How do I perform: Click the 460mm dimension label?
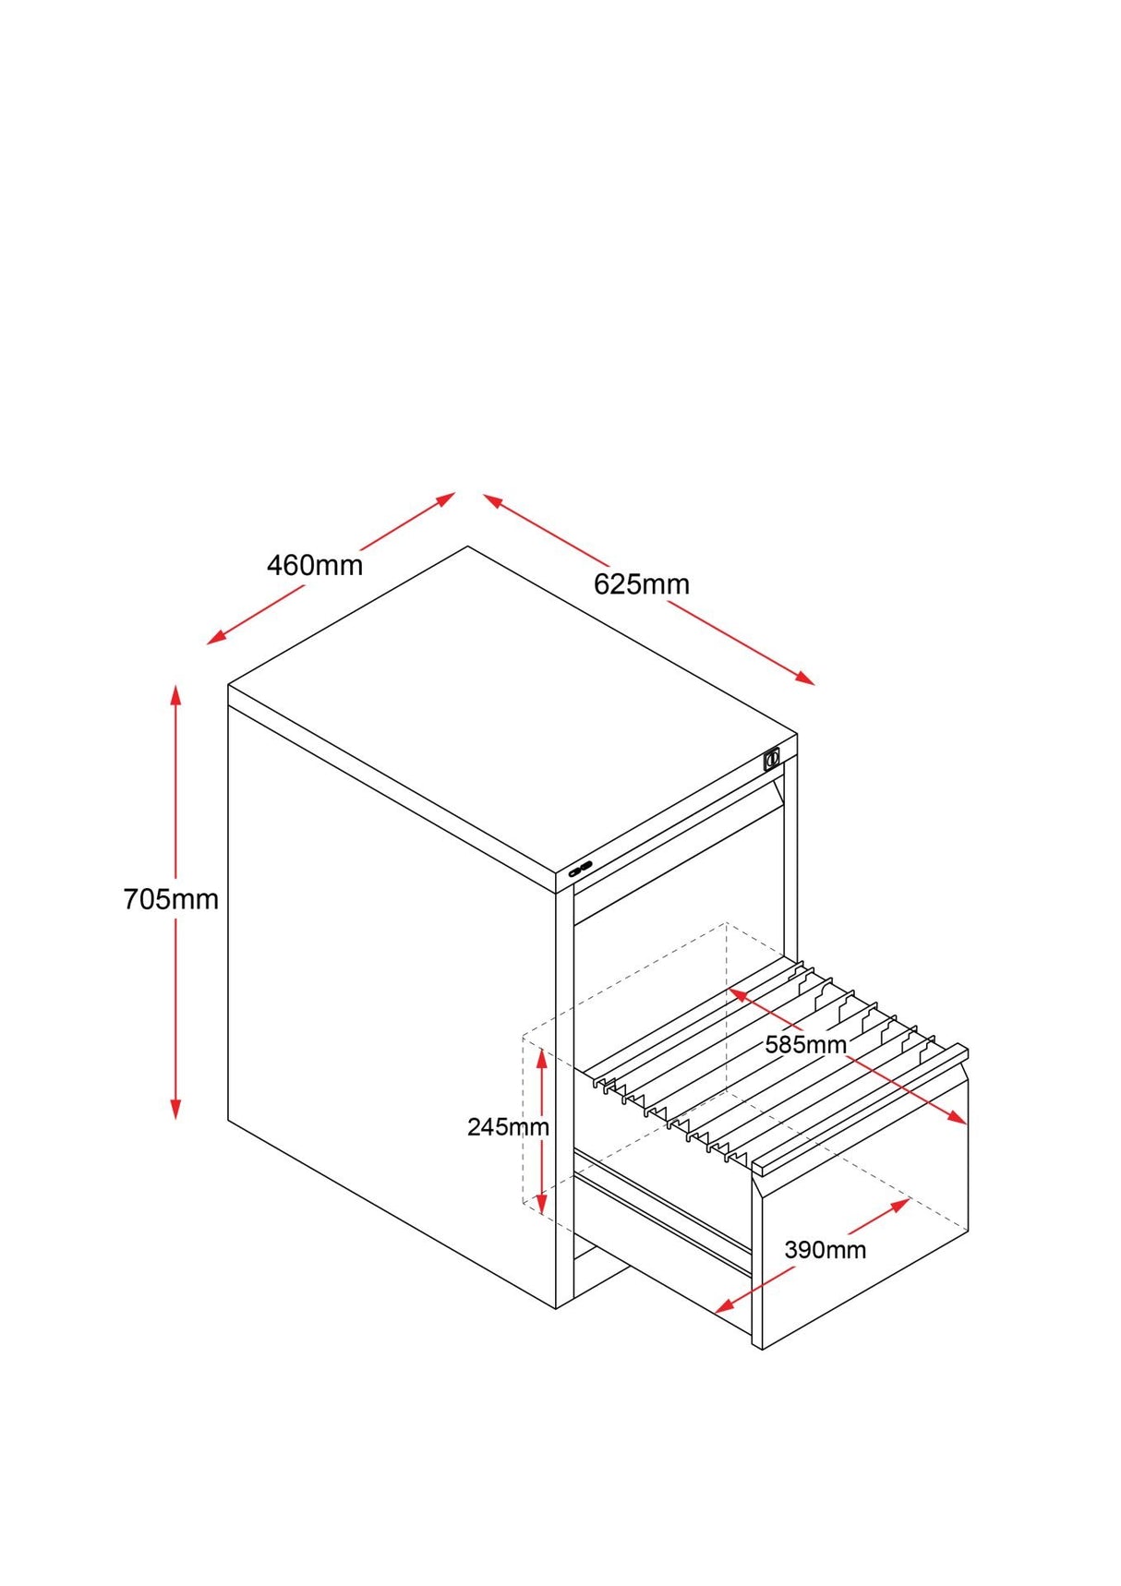click(315, 565)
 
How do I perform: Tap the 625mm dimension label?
click(641, 584)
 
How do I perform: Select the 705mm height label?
click(171, 899)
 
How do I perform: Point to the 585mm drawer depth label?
click(805, 1045)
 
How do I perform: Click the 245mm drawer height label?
click(508, 1126)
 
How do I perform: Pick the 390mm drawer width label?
click(825, 1250)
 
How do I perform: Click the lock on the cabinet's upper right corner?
click(772, 760)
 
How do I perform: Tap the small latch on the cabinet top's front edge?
click(581, 868)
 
